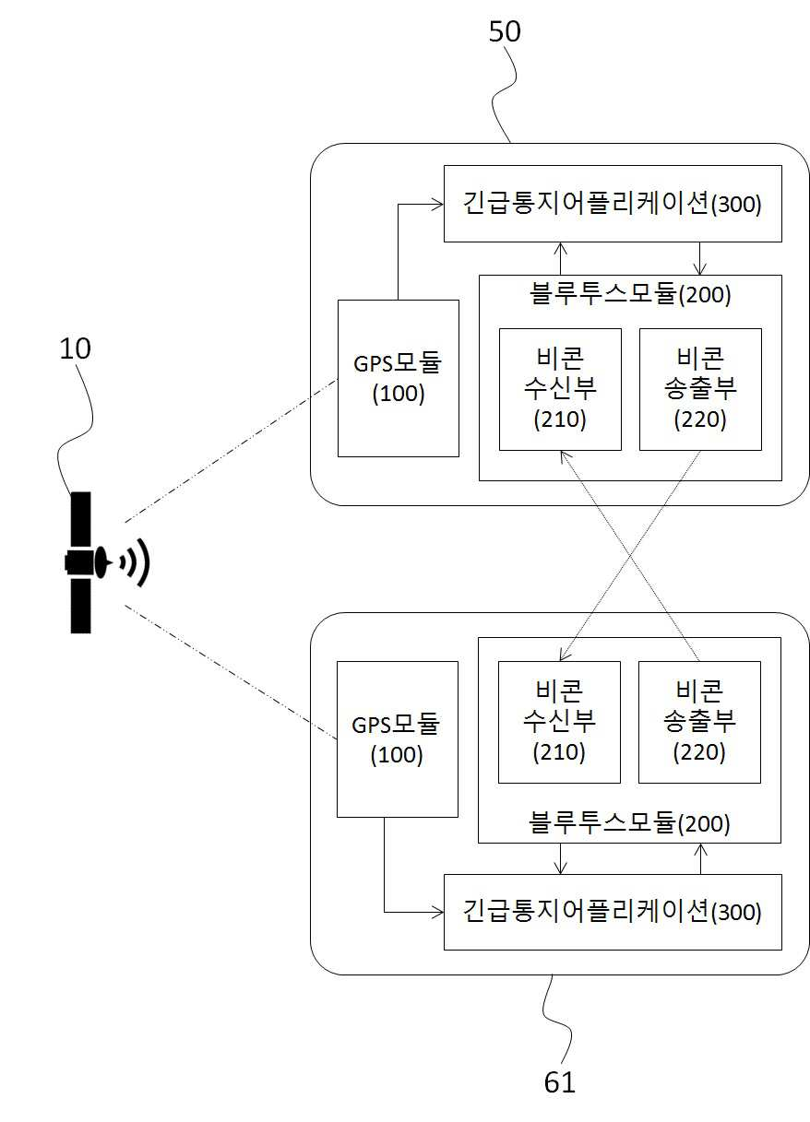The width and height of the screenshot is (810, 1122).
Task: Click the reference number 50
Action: click(x=505, y=31)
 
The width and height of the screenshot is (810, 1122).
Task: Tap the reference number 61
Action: click(x=559, y=1082)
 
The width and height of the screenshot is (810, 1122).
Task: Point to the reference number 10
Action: click(x=75, y=348)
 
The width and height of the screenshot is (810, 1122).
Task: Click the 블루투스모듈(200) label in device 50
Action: click(x=630, y=294)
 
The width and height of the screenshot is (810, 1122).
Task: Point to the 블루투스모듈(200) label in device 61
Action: click(x=629, y=824)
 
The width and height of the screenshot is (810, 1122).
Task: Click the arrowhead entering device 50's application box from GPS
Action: click(x=438, y=204)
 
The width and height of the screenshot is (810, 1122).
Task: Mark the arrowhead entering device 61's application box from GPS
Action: click(x=438, y=912)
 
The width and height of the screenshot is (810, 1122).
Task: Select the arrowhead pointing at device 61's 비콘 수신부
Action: click(x=565, y=655)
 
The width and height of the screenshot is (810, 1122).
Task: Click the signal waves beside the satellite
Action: click(x=136, y=562)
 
